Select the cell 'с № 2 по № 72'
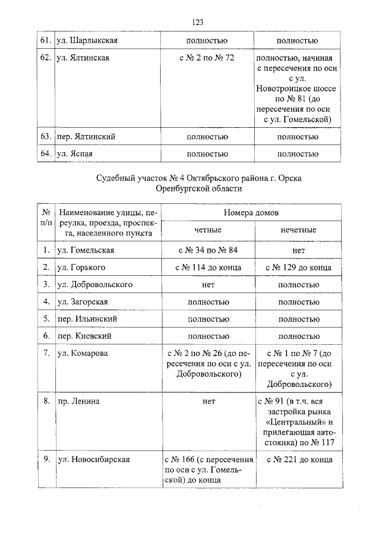207,58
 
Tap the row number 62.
45,58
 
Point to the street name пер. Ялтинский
86,137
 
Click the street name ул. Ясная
74,155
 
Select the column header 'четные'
207,230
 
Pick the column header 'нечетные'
298,230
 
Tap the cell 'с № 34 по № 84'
207,250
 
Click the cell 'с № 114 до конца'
207,268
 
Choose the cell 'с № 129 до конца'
298,268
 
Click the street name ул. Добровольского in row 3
94,285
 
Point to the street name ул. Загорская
82,302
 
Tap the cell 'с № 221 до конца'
298,460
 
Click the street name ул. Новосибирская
93,460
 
